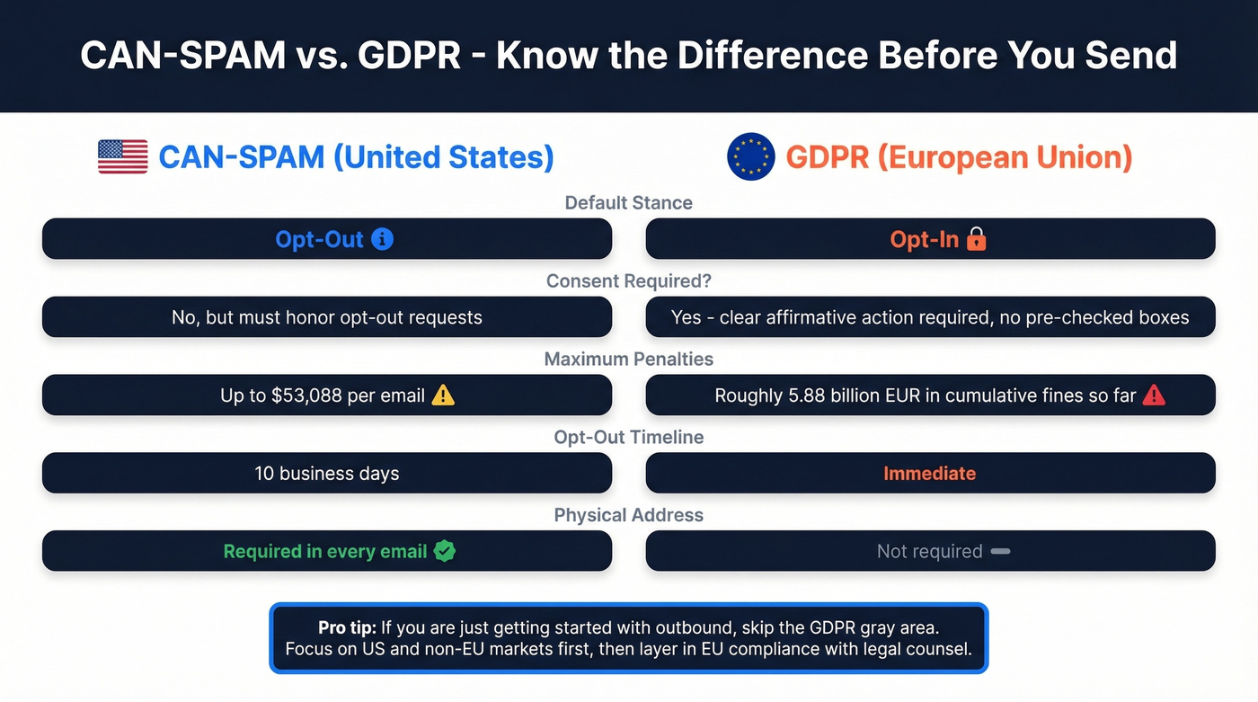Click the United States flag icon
point(122,157)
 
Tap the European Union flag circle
point(750,157)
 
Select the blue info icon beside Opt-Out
point(382,239)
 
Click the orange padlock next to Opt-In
point(976,239)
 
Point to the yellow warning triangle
point(443,395)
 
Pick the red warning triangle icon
point(1153,395)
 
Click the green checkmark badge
point(444,551)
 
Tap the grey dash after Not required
point(1000,551)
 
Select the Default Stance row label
point(628,203)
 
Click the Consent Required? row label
point(628,281)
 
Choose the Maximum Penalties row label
point(628,360)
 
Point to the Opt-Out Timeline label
point(628,438)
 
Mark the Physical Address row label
point(628,515)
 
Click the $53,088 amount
point(308,395)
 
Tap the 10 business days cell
point(326,474)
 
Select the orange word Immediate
point(929,474)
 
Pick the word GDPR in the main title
point(409,56)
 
